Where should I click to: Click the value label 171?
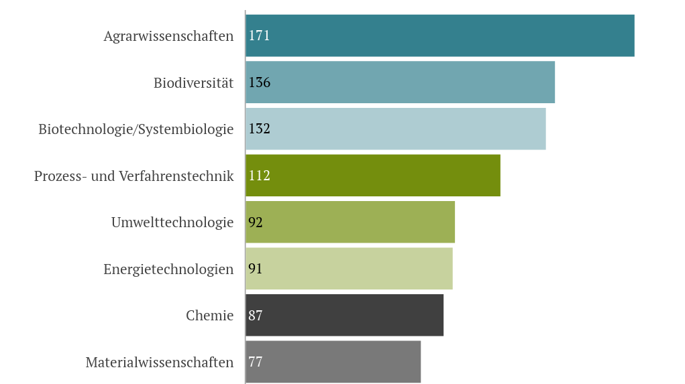259,36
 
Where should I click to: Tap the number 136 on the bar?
259,82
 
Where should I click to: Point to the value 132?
259,129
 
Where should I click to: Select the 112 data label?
259,176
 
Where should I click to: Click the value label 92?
256,222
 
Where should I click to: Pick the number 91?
256,269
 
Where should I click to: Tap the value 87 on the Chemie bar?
256,315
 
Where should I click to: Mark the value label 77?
256,362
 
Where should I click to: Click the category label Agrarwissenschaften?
168,36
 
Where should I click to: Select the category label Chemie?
209,315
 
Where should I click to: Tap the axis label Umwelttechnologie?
172,222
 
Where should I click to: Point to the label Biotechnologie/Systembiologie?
136,129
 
